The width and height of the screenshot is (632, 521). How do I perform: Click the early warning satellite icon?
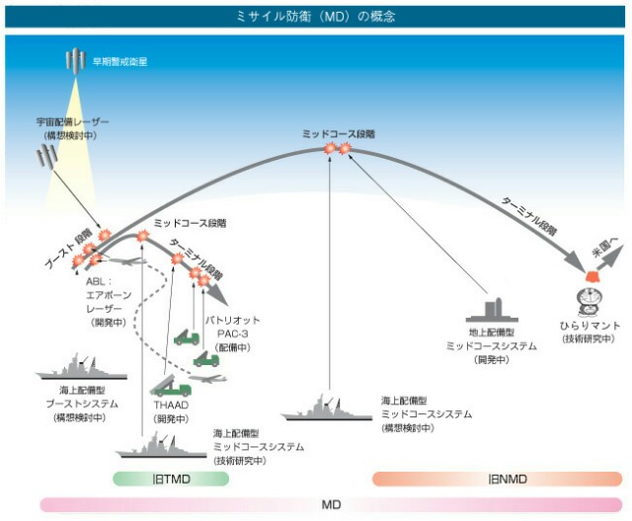(75, 60)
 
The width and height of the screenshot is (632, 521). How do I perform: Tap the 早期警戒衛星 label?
(119, 61)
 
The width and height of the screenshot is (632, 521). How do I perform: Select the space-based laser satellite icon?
(46, 156)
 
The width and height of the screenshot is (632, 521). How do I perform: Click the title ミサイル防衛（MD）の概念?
(316, 17)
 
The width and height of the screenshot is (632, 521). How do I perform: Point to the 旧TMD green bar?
(171, 479)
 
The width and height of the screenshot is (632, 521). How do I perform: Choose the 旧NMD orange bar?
(497, 479)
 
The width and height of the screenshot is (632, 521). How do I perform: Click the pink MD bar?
(331, 504)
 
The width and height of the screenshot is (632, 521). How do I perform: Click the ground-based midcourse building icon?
(492, 310)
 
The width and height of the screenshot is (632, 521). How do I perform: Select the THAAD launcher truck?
(171, 385)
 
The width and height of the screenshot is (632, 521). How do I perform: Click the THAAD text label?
(171, 405)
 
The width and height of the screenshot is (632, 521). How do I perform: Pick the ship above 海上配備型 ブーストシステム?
(81, 368)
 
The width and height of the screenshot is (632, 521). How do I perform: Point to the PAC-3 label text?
(233, 334)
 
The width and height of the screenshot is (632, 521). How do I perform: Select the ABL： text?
(99, 281)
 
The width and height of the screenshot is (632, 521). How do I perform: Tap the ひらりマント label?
(590, 326)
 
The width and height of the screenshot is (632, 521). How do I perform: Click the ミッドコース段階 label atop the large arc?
(339, 134)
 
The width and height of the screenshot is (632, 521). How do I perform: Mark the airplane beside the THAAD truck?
(208, 378)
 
